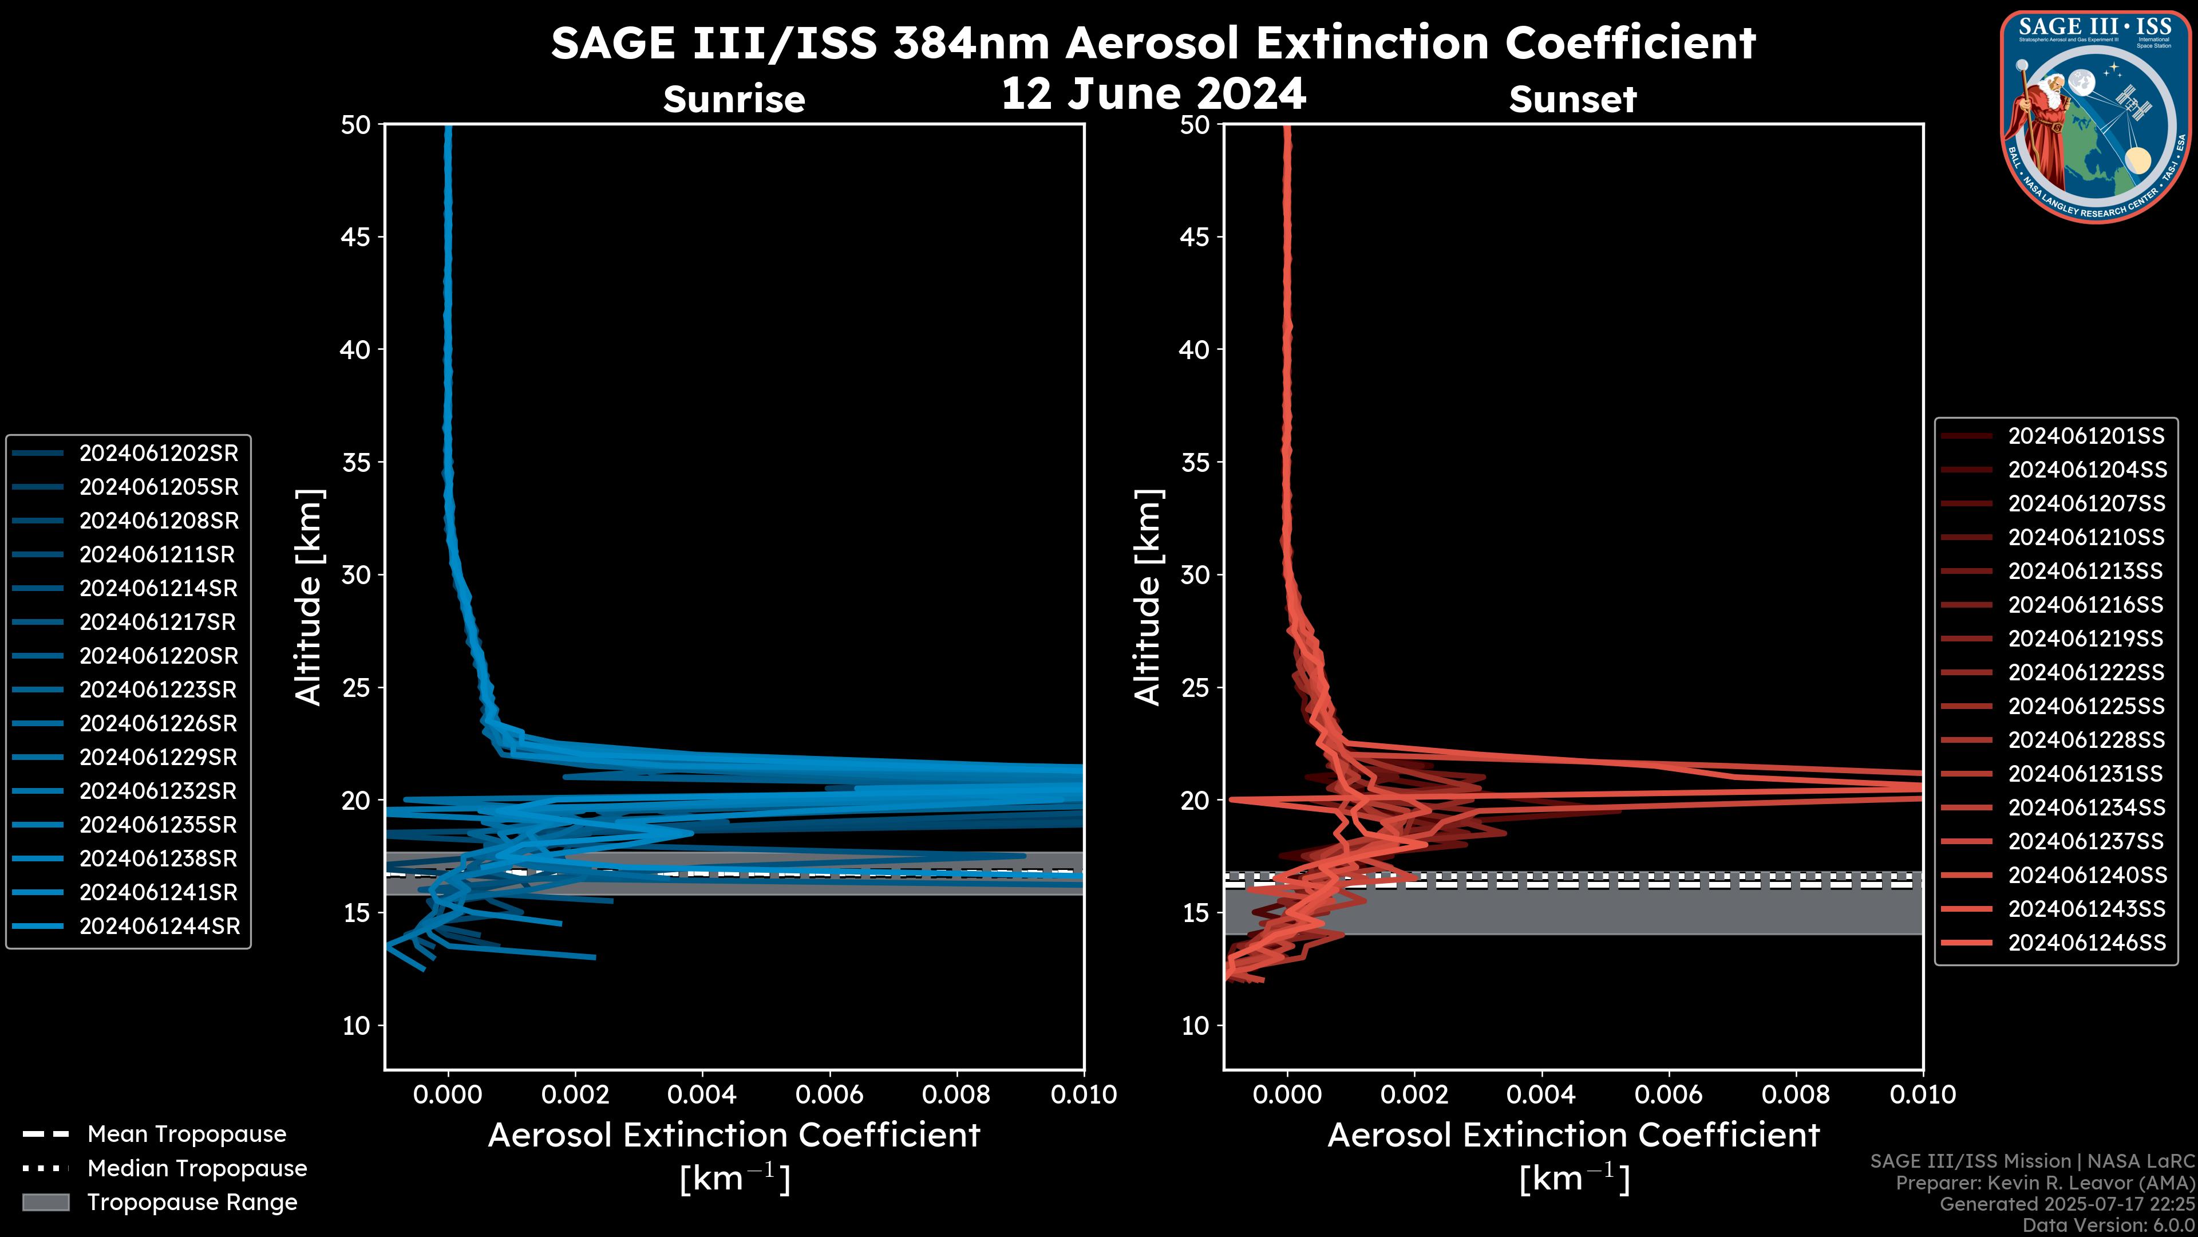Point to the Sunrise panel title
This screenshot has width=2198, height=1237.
tap(734, 100)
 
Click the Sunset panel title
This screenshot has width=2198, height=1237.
tap(1572, 100)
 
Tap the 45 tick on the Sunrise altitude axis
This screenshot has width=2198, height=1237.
tap(356, 237)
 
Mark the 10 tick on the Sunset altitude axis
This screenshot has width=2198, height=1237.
tap(1195, 1025)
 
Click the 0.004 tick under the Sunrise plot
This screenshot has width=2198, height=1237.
tap(702, 1094)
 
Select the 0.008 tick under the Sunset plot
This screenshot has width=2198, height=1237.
tap(1796, 1094)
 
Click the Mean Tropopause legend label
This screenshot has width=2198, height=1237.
tap(187, 1134)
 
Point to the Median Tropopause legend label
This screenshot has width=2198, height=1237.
tap(197, 1169)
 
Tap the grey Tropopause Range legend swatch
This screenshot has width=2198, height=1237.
tap(46, 1202)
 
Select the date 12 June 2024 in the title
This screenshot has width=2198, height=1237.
tap(1153, 94)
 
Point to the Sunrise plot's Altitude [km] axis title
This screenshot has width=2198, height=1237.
tap(309, 597)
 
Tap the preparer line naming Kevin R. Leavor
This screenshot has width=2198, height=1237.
tap(2045, 1183)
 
